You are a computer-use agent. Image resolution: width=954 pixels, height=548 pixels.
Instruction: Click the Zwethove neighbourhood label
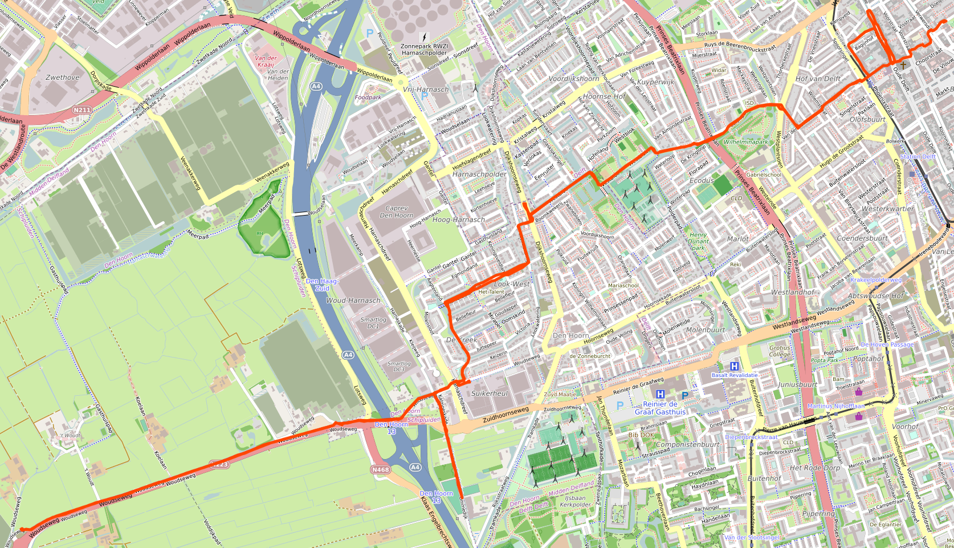click(63, 78)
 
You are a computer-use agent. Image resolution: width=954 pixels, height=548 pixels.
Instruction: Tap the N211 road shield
click(82, 110)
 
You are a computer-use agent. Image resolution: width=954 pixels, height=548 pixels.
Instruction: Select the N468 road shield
click(380, 469)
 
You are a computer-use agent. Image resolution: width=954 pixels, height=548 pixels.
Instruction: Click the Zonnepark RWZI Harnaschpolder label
click(424, 50)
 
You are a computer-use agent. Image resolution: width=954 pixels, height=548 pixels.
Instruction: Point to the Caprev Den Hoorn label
click(397, 212)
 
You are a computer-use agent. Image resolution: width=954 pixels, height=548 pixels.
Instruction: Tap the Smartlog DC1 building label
click(373, 323)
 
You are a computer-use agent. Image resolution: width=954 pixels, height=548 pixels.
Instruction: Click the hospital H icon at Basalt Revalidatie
click(735, 367)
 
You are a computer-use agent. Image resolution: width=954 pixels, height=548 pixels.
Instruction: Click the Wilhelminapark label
click(746, 142)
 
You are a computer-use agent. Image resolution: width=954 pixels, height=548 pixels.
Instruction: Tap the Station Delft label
click(918, 157)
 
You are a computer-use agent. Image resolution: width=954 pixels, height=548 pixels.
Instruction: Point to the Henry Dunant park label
click(698, 241)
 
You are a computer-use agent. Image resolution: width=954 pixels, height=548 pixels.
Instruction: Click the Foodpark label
click(368, 98)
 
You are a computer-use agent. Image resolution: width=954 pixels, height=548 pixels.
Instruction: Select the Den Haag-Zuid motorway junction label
click(322, 285)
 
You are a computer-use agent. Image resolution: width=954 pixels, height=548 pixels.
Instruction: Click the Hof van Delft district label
click(818, 79)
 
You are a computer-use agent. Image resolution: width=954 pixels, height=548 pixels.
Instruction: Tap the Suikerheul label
click(490, 393)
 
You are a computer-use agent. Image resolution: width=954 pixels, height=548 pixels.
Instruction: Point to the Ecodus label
click(702, 180)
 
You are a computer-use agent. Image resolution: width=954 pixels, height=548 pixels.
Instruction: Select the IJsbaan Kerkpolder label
click(576, 501)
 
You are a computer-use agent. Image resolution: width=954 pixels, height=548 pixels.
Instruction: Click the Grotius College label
click(780, 351)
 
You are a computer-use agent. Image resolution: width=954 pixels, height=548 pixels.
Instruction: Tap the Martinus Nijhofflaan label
click(835, 406)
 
